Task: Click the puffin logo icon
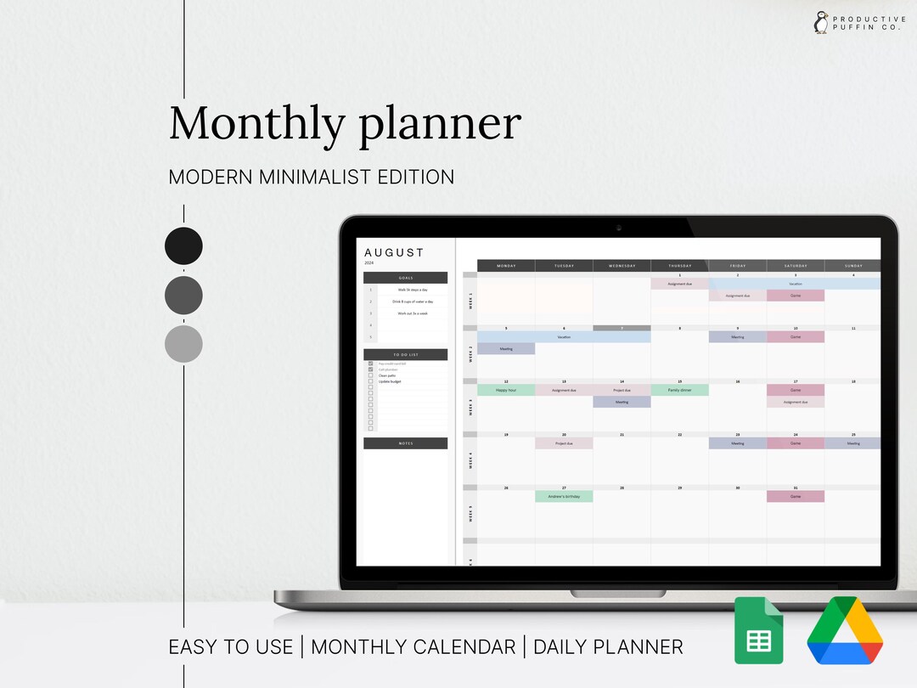(x=821, y=22)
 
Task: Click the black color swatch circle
(x=183, y=245)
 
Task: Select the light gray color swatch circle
(x=183, y=344)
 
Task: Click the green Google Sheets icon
(x=758, y=630)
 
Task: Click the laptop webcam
(x=618, y=228)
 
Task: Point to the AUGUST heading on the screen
(x=394, y=252)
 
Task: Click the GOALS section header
(x=405, y=278)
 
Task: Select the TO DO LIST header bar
(x=405, y=354)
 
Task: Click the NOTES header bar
(x=405, y=443)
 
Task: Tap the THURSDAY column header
(x=679, y=266)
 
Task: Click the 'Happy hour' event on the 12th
(x=506, y=390)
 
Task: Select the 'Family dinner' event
(x=679, y=390)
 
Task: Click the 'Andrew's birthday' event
(x=564, y=496)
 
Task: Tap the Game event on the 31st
(x=795, y=496)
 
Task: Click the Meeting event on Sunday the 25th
(x=852, y=443)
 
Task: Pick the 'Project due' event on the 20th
(x=564, y=443)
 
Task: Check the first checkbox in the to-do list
(x=370, y=364)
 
